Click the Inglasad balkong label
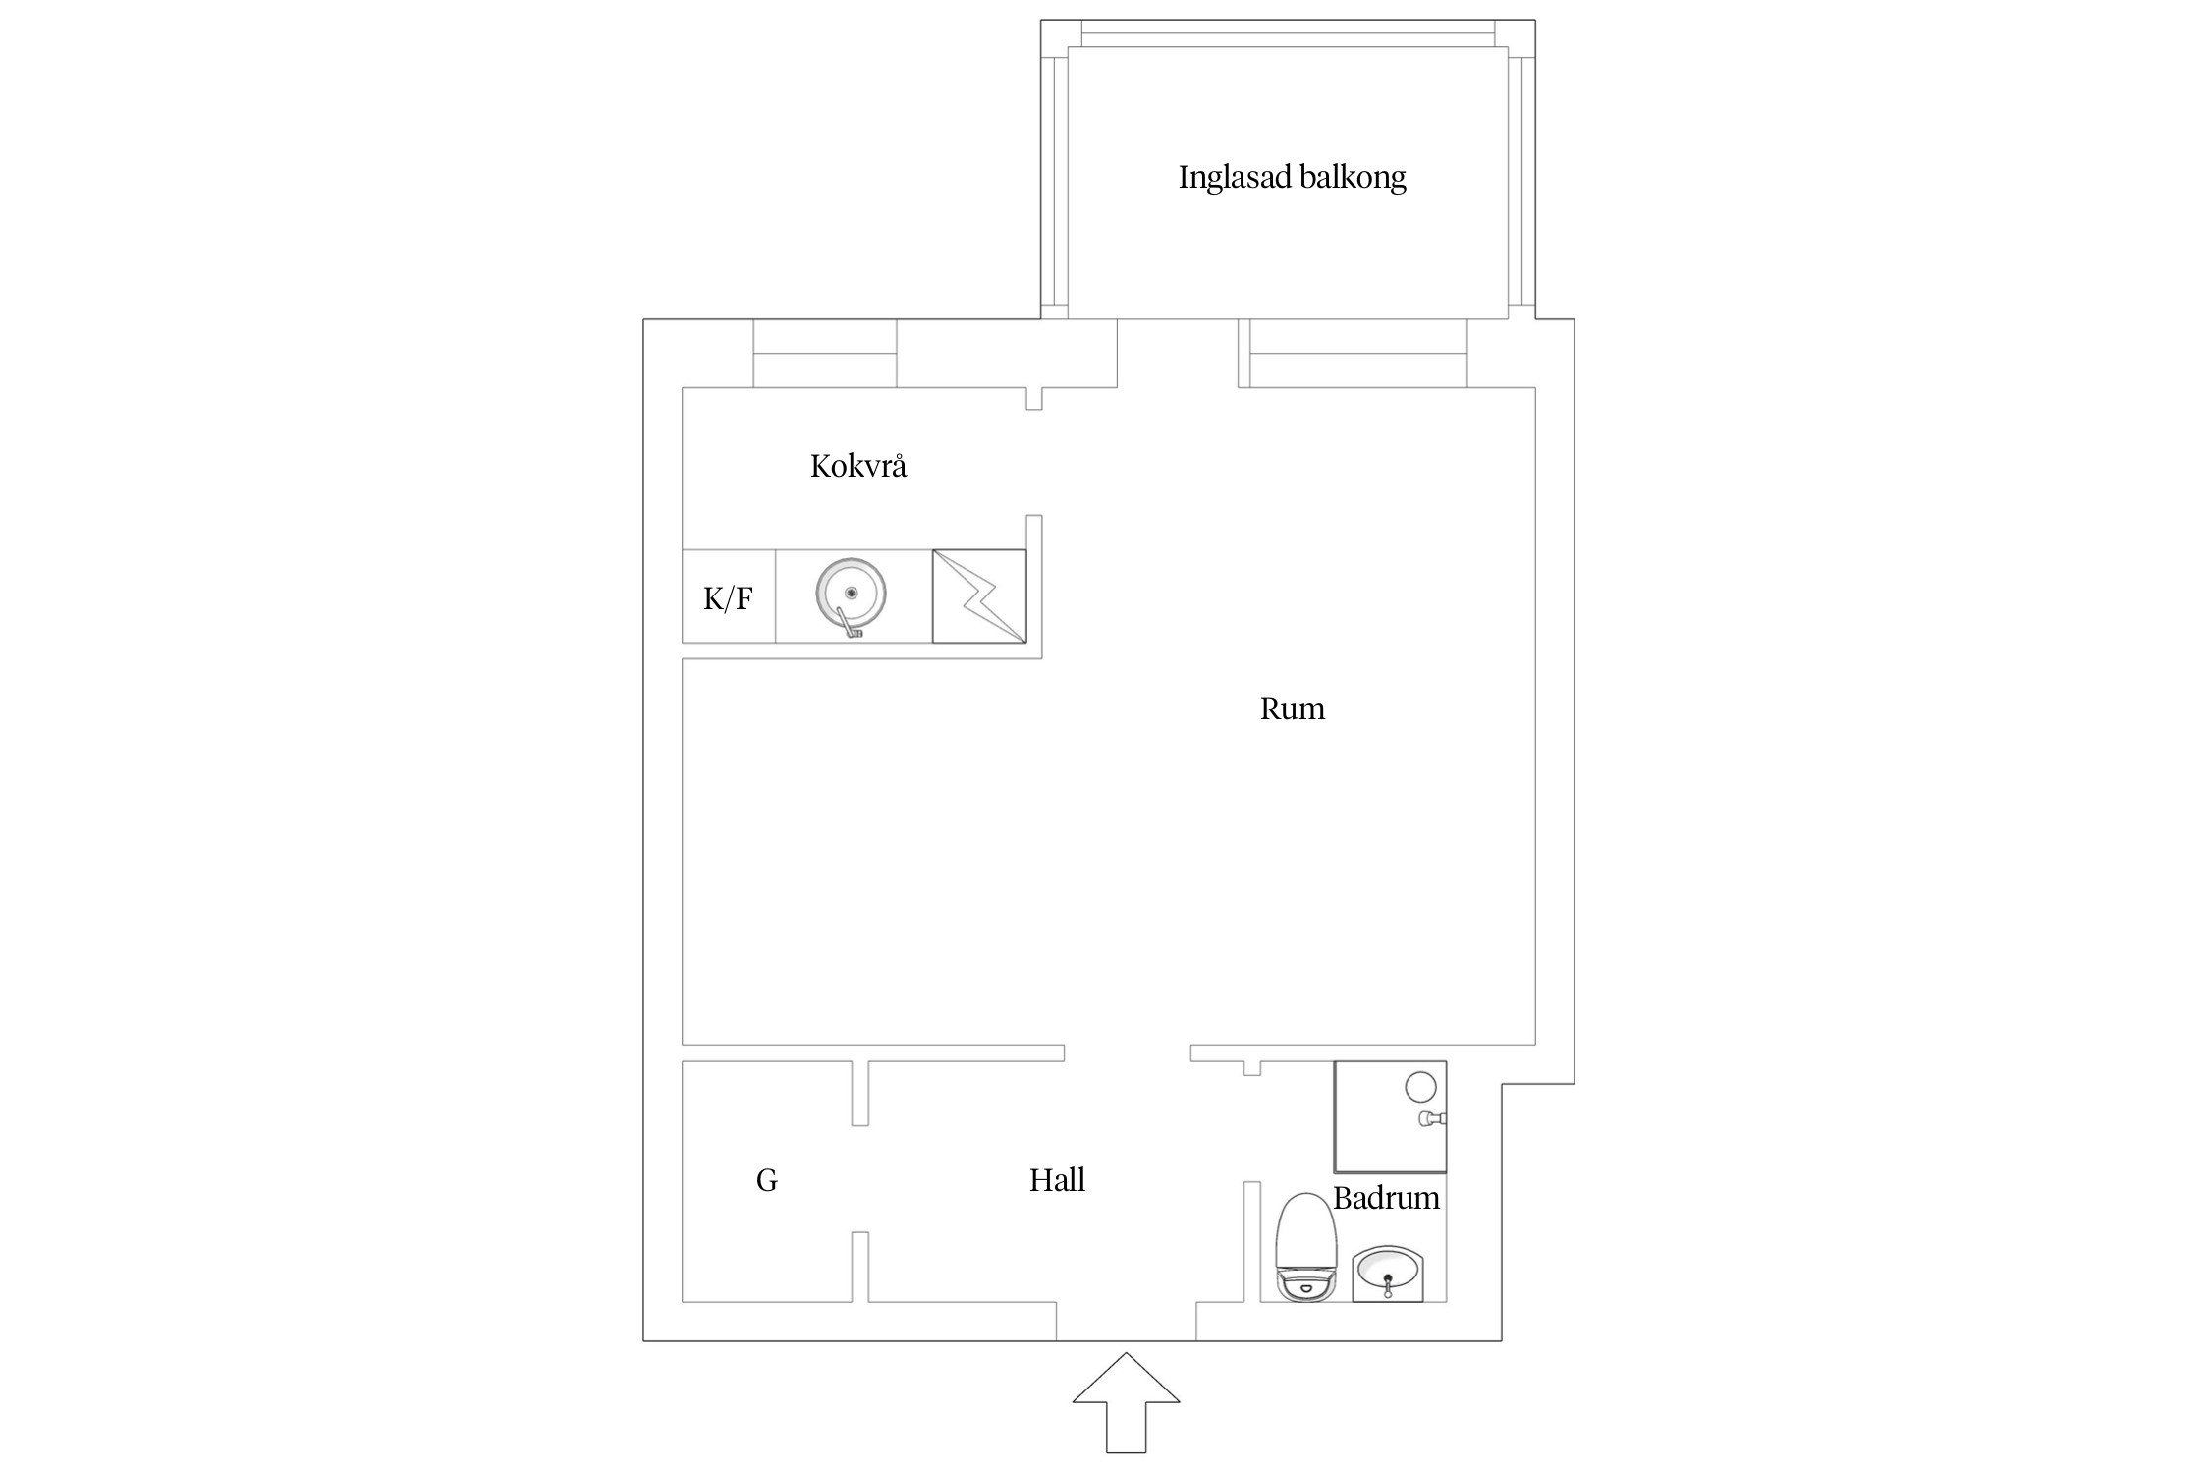point(1292,178)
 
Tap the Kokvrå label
point(857,465)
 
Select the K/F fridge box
point(729,596)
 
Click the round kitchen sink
point(851,595)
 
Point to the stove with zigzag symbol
point(979,596)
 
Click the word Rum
point(1292,709)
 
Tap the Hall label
point(1057,1180)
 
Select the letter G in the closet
point(767,1180)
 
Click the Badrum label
point(1386,1198)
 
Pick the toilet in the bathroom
point(1305,1248)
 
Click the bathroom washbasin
point(1388,1275)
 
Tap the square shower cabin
point(1390,1116)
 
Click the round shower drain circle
point(1420,1087)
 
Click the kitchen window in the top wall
point(825,353)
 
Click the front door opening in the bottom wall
point(1126,1322)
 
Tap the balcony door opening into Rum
point(1178,353)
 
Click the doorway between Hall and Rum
point(1128,1052)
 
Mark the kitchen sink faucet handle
point(849,624)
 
